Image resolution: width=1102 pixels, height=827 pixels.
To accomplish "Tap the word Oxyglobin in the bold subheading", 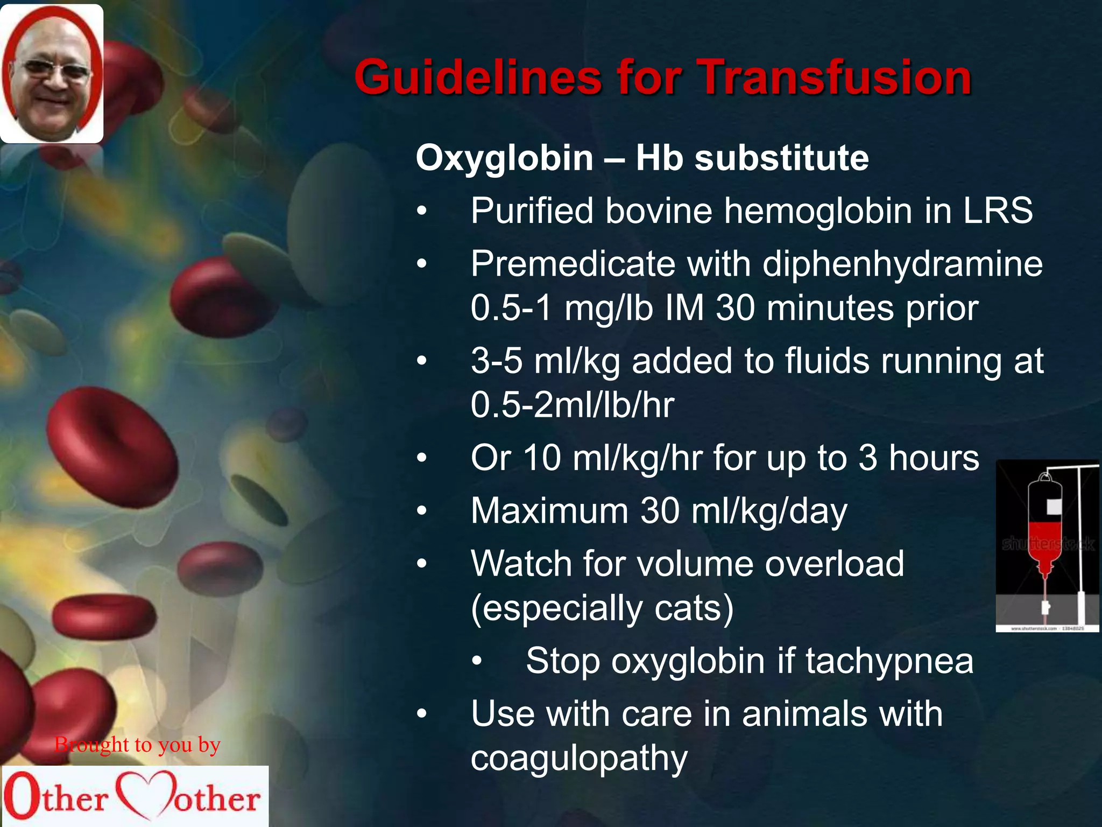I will (x=504, y=158).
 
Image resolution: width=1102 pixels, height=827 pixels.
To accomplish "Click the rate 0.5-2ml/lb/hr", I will (x=572, y=405).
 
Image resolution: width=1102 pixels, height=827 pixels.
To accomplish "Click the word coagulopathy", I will (x=579, y=758).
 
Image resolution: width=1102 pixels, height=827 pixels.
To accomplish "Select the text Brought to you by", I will (x=137, y=745).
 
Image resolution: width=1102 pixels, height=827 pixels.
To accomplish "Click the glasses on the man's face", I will (x=52, y=70).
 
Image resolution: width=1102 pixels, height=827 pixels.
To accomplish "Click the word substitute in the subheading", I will (x=781, y=158).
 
